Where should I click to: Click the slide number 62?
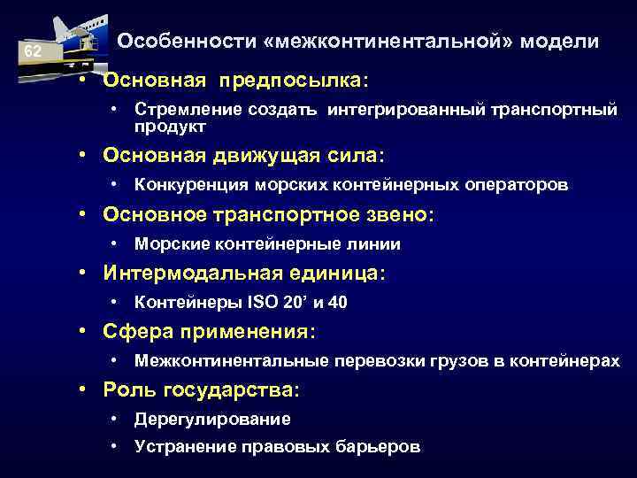32,52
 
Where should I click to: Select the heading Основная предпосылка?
235,81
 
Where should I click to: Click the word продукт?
170,127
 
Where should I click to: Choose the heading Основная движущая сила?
243,156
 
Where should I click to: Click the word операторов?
520,185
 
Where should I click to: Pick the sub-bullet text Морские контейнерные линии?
267,243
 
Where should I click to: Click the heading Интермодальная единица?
243,274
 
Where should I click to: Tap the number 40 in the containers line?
337,303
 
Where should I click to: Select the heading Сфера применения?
209,332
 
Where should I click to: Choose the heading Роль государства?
201,389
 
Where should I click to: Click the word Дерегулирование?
212,419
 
